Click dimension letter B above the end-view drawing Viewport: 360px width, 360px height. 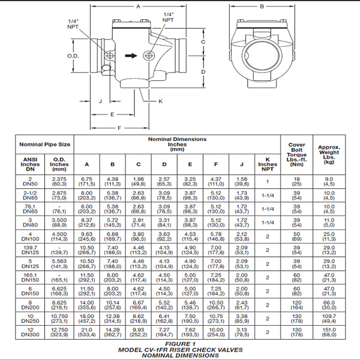click(262, 7)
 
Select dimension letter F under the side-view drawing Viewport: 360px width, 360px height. click(119, 127)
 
